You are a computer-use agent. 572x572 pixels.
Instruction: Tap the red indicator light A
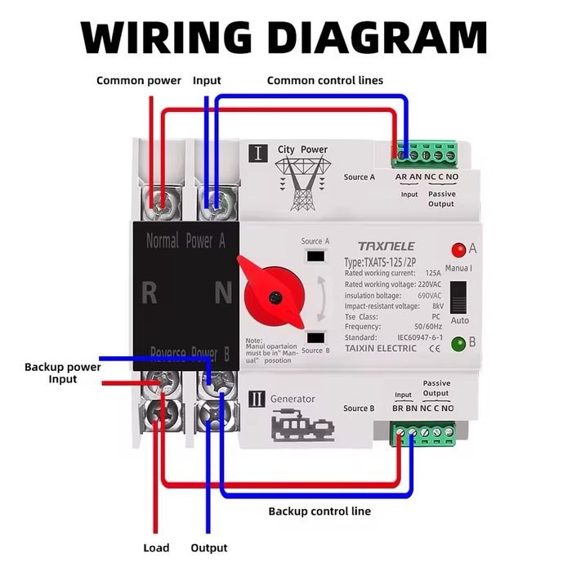coord(458,250)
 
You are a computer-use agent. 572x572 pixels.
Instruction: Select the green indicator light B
coord(458,343)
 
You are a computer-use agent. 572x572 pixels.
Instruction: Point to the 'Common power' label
coord(139,80)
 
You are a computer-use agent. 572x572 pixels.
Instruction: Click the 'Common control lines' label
coord(325,80)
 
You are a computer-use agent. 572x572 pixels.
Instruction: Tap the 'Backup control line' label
coord(320,512)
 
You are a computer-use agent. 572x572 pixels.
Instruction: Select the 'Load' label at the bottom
coord(156,547)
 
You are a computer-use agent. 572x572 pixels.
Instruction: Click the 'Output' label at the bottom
coord(209,547)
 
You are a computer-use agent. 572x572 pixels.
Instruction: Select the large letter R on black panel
coord(149,293)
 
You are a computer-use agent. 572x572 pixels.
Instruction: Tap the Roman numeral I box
coord(257,152)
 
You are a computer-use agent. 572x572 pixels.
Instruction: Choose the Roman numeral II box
coord(257,400)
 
